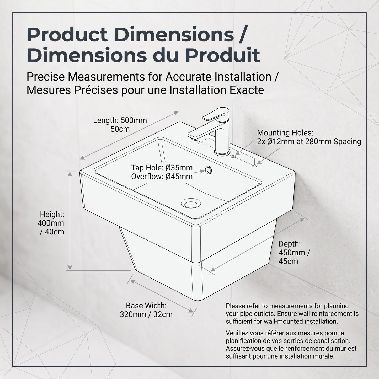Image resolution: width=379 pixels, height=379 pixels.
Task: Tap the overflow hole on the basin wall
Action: (208, 170)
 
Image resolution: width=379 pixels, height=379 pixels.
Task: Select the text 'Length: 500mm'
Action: (120, 120)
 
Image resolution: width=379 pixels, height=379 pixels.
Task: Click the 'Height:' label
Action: (52, 214)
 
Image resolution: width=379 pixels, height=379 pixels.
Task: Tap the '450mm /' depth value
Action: (294, 253)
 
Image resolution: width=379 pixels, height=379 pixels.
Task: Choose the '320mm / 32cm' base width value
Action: (146, 314)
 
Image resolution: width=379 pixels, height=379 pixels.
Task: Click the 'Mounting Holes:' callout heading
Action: (285, 133)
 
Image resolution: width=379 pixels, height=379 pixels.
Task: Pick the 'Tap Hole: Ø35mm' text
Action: (162, 168)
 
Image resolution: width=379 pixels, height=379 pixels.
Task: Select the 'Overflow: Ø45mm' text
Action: (162, 177)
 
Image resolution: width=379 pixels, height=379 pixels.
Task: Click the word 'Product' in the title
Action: (67, 35)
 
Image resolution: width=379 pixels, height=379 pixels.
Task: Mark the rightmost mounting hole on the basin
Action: (254, 166)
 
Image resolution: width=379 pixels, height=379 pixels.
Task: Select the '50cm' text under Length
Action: (120, 129)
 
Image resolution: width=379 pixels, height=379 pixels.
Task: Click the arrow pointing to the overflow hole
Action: (199, 172)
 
